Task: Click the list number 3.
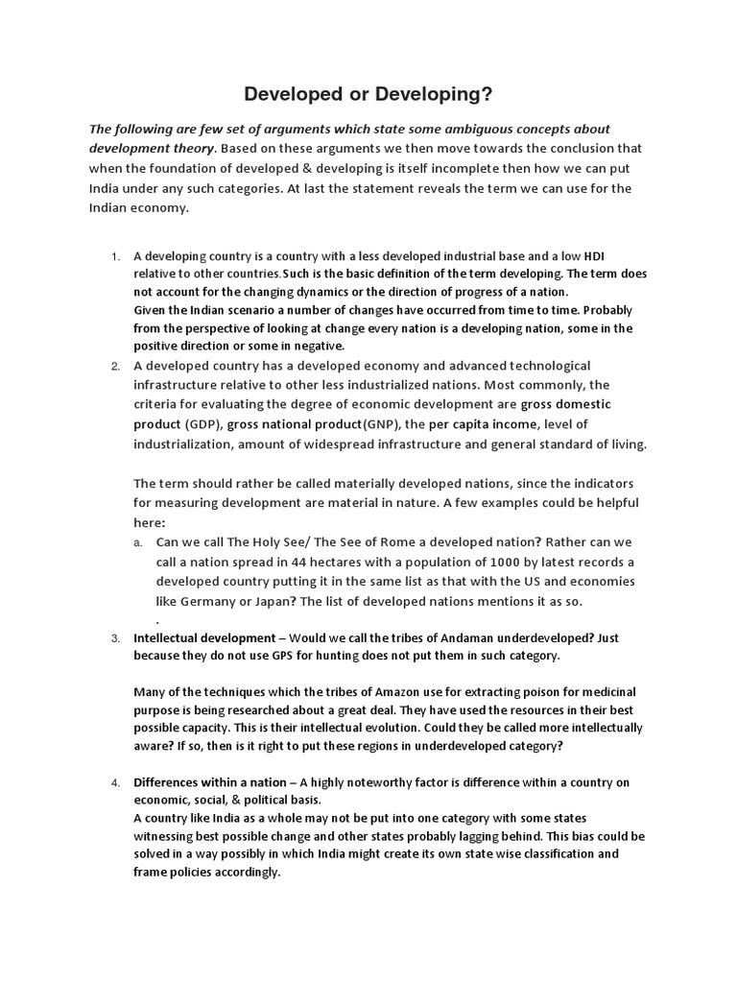pyautogui.click(x=114, y=638)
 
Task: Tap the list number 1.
pyautogui.click(x=114, y=256)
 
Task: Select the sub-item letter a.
pyautogui.click(x=139, y=542)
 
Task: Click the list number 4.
pyautogui.click(x=114, y=782)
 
